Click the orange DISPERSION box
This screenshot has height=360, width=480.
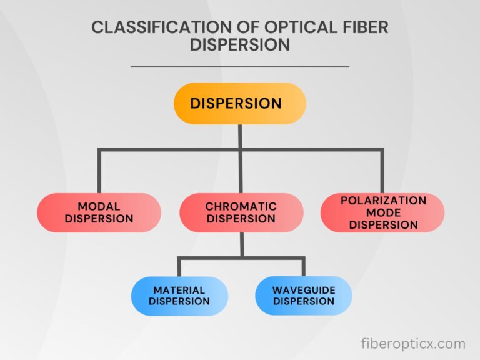(x=240, y=103)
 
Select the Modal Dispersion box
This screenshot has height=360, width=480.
(x=99, y=212)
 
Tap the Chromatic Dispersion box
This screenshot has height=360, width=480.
(x=241, y=212)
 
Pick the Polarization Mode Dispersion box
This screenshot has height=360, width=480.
(x=382, y=212)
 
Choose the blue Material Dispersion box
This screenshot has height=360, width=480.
(x=179, y=296)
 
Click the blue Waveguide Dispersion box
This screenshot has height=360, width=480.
(x=304, y=296)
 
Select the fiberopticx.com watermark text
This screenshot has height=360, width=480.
(x=413, y=343)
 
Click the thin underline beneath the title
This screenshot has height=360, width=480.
(x=240, y=66)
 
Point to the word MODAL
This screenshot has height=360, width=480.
(x=99, y=206)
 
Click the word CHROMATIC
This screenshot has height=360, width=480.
(x=241, y=206)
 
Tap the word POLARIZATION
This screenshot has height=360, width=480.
(x=383, y=201)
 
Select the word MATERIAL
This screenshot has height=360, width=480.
(x=179, y=290)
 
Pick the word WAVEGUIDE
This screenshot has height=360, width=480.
(x=304, y=290)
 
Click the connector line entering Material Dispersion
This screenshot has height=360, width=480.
(x=179, y=267)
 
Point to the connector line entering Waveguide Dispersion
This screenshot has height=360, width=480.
(x=304, y=267)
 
